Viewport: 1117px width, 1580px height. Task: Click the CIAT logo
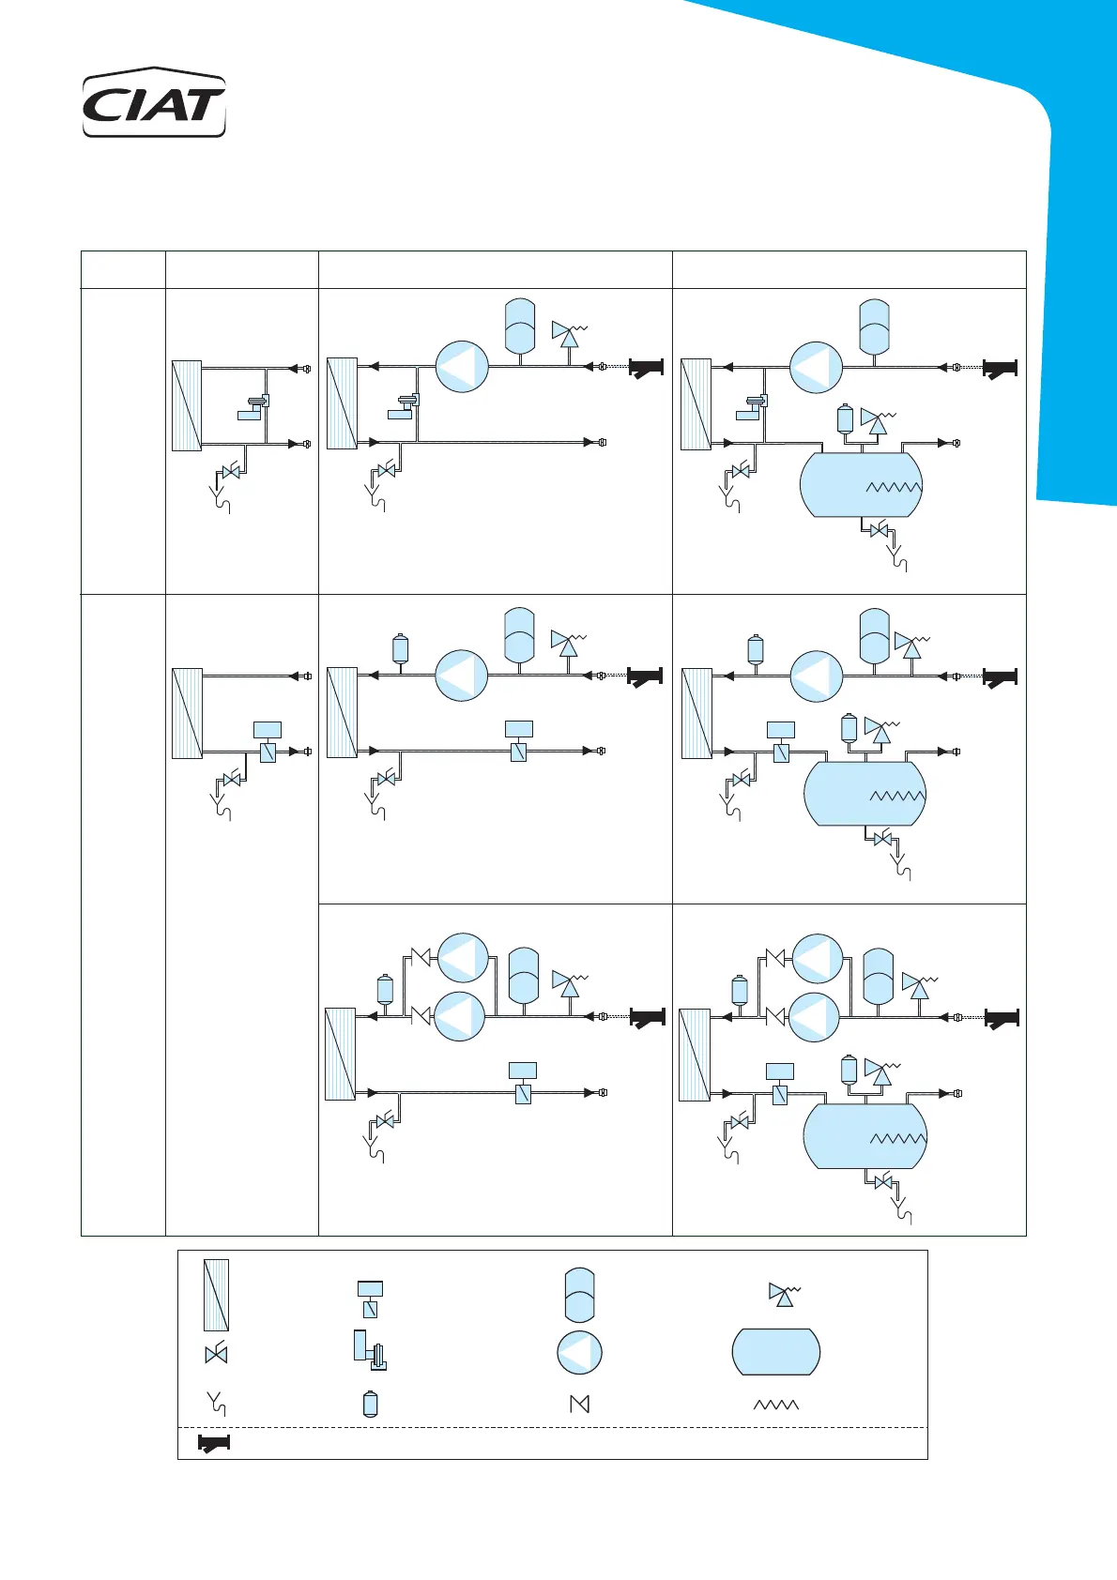[x=154, y=103]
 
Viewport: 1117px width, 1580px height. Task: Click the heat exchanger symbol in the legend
[x=216, y=1295]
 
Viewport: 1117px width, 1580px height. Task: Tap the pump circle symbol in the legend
[x=579, y=1353]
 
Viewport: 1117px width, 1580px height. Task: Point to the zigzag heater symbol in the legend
[x=776, y=1405]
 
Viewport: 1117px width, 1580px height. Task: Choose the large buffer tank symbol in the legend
[x=776, y=1352]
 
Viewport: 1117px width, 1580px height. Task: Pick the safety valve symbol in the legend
[x=782, y=1295]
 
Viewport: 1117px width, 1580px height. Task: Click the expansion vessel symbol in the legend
[x=579, y=1295]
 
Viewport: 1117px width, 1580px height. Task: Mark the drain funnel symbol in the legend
[x=216, y=1404]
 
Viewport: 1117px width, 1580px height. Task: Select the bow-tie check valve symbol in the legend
[x=580, y=1404]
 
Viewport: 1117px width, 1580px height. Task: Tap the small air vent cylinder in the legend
[x=370, y=1404]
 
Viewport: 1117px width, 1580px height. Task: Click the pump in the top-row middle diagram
[x=462, y=366]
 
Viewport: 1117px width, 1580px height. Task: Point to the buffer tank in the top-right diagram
[x=861, y=484]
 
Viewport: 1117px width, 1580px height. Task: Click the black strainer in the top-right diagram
[x=1000, y=369]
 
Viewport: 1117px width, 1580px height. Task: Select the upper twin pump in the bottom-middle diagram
[x=463, y=958]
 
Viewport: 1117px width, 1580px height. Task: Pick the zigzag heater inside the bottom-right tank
[x=897, y=1139]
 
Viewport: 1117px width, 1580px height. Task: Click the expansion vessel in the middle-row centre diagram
[x=519, y=635]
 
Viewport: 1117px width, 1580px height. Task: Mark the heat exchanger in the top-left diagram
[x=187, y=406]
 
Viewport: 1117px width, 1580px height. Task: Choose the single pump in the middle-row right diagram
[x=816, y=676]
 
